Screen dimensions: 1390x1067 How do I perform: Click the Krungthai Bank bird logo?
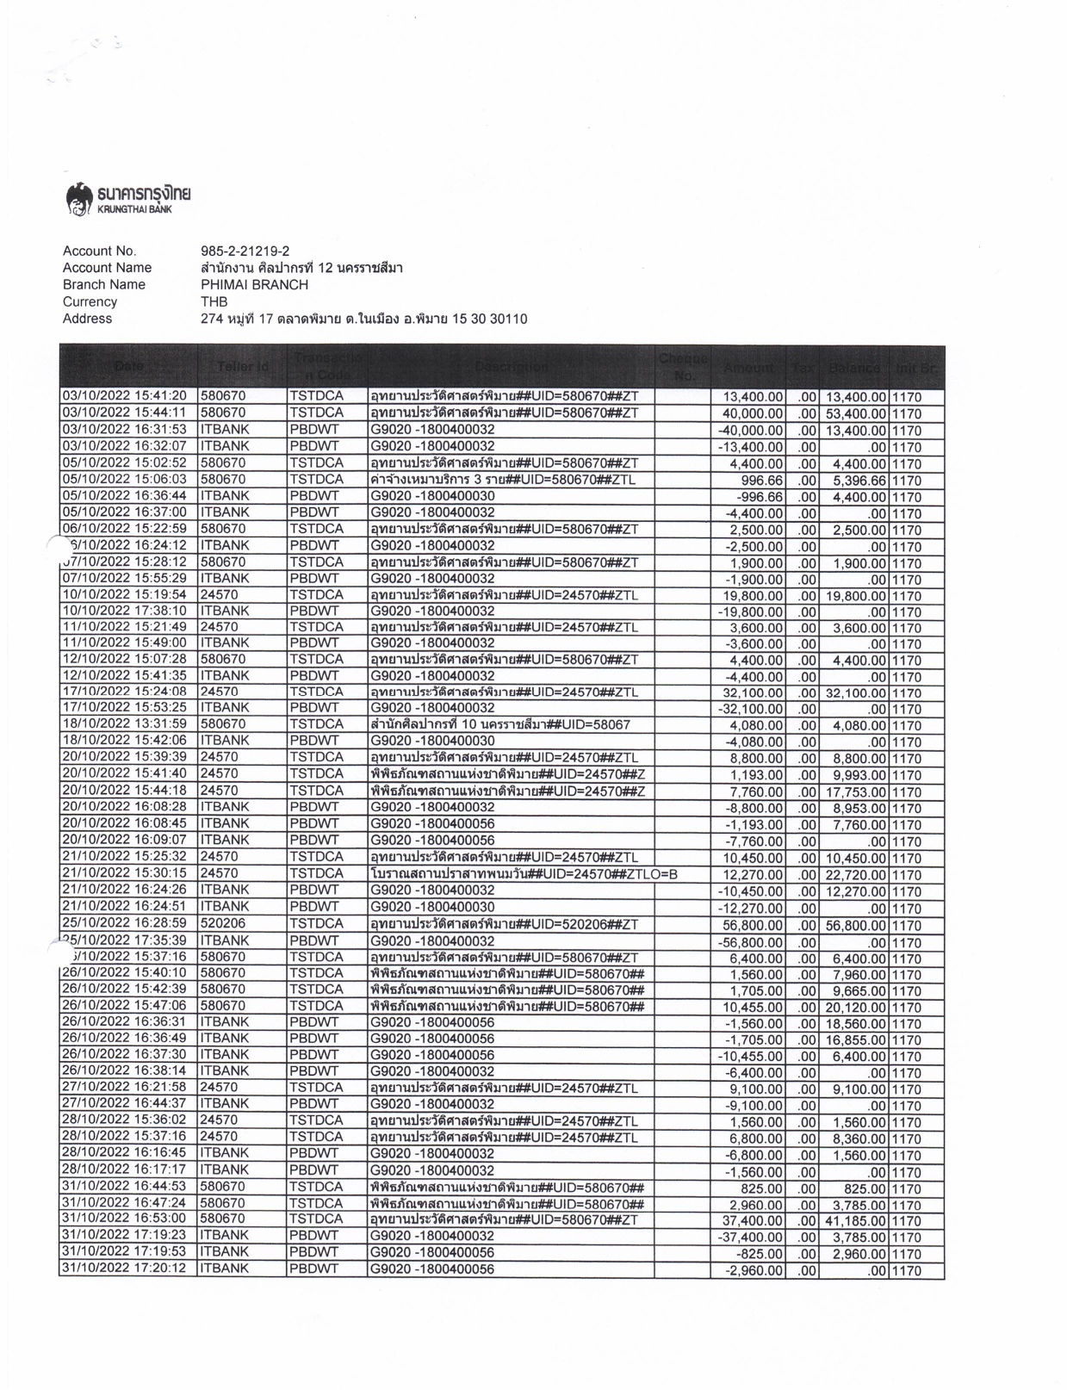tap(79, 197)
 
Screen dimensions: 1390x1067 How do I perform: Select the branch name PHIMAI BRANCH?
tap(254, 284)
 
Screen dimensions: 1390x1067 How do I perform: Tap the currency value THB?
tap(214, 301)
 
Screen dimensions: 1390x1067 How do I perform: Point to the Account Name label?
tap(107, 268)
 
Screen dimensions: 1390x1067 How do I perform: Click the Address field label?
tap(87, 319)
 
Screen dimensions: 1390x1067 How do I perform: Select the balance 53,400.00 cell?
tap(856, 413)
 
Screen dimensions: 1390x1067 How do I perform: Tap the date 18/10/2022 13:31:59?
tap(125, 724)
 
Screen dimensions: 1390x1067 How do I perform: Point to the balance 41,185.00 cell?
tap(856, 1221)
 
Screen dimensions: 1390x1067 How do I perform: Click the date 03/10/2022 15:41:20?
tap(125, 396)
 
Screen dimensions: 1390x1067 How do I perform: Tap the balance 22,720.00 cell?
tap(856, 875)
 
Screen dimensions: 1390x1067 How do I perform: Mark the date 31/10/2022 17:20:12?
tap(125, 1269)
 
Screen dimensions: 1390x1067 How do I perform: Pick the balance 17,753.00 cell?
tap(856, 792)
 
